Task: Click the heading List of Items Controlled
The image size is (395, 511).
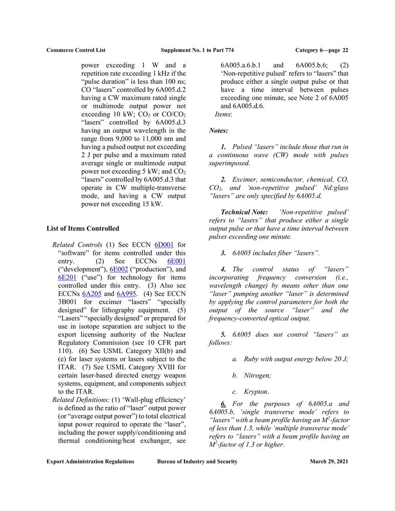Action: [x=82, y=228]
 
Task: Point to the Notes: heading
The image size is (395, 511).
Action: [x=218, y=131]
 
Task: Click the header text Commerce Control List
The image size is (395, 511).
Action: [x=76, y=50]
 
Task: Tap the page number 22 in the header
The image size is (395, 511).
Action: [x=345, y=50]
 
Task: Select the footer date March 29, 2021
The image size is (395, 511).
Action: [x=329, y=461]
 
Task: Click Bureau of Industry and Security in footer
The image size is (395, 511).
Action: [x=197, y=461]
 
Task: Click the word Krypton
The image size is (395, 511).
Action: [x=256, y=391]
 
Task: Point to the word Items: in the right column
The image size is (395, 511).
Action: [x=223, y=114]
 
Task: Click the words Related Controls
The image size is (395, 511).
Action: [x=78, y=245]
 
